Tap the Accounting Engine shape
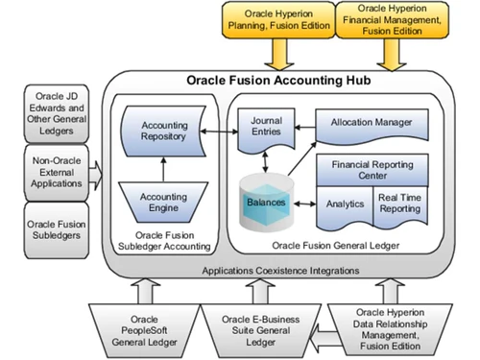point(164,204)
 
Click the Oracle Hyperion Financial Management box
point(392,21)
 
